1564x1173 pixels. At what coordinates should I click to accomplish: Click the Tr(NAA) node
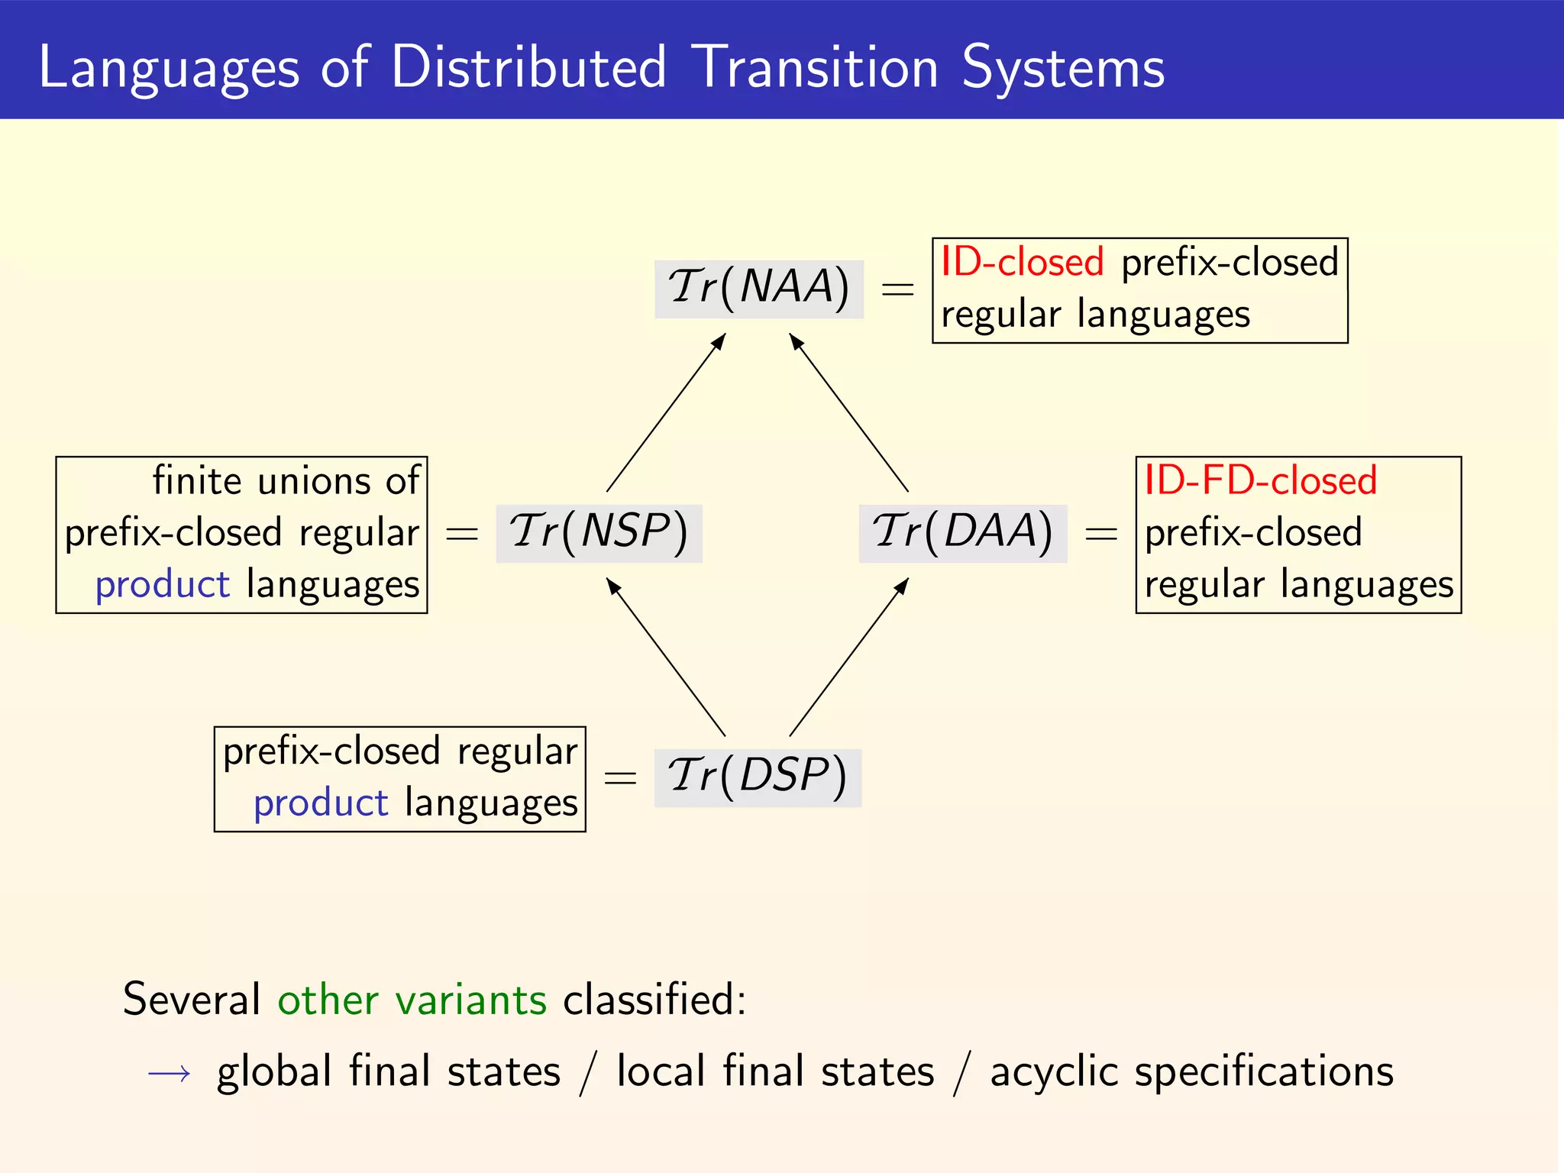coord(758,289)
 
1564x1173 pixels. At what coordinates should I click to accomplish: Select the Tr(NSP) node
coord(599,533)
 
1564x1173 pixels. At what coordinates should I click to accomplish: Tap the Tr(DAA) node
coord(962,533)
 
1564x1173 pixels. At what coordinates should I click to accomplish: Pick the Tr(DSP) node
coord(758,777)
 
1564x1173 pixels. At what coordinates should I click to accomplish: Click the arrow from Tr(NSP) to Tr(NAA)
coord(666,412)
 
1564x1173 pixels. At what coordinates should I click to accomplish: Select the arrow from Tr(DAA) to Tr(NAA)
coord(849,412)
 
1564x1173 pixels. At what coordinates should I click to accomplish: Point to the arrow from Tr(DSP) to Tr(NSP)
coord(666,657)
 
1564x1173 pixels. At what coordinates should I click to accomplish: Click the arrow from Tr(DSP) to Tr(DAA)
coord(849,657)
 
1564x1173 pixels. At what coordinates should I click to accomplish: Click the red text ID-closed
coord(1022,262)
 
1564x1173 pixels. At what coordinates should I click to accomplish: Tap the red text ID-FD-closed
coord(1260,481)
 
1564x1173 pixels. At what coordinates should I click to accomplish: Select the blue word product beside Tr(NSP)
coord(162,585)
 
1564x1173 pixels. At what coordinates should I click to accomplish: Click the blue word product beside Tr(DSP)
coord(321,803)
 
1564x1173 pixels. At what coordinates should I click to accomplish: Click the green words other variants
coord(412,1000)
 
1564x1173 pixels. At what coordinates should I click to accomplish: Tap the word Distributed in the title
coord(528,67)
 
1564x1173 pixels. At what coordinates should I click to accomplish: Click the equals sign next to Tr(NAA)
coord(897,289)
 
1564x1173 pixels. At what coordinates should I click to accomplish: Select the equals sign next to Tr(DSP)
coord(619,778)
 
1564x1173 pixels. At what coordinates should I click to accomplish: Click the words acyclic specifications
coord(1191,1071)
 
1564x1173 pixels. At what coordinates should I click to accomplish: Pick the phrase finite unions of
coord(286,481)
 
